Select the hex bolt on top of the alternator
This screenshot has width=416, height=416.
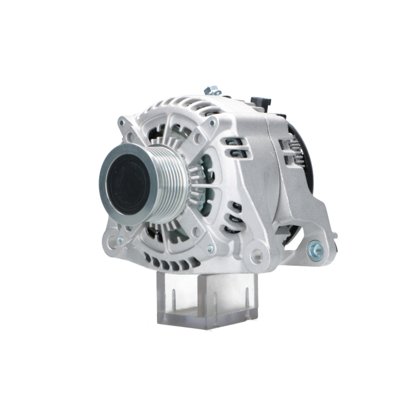212,90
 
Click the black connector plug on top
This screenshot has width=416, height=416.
261,102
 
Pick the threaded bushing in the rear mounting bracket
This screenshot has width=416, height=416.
316,250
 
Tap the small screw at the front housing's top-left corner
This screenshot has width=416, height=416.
122,123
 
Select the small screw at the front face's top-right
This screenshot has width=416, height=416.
213,123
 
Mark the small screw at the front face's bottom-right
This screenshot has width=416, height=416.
210,249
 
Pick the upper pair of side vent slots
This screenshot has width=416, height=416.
235,148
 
